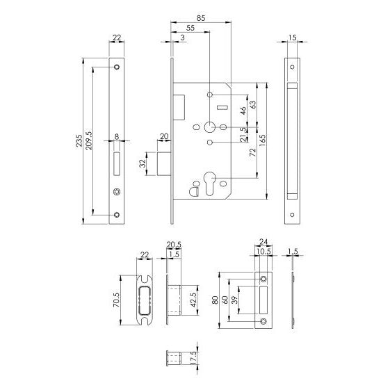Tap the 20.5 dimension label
(x=174, y=244)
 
